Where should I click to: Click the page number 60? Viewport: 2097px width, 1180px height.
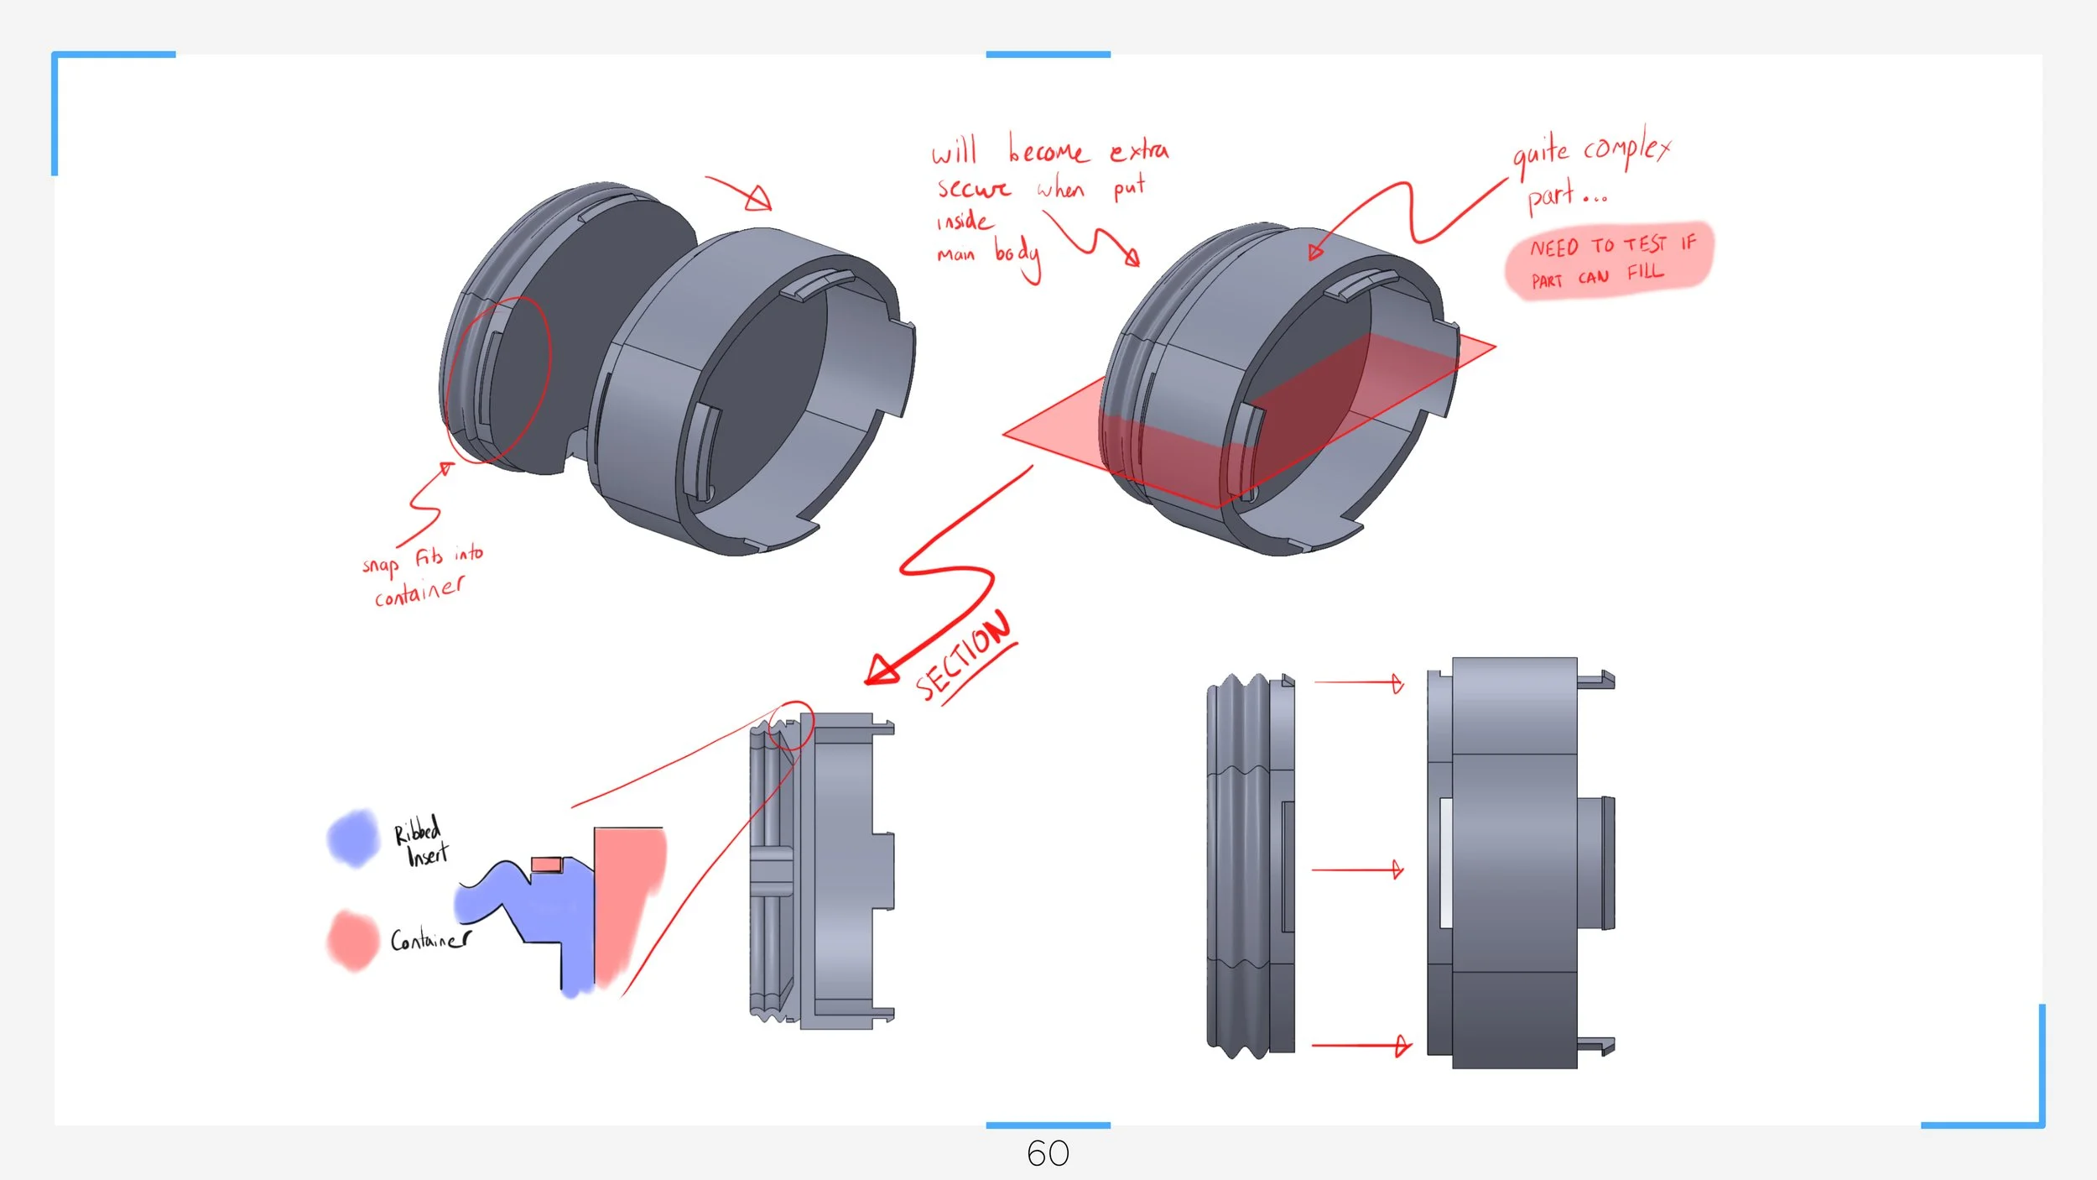pos(1048,1154)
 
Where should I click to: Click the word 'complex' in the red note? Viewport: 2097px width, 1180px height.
pos(1626,149)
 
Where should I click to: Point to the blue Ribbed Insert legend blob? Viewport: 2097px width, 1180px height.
pos(353,838)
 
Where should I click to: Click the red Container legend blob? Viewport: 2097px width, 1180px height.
pos(352,940)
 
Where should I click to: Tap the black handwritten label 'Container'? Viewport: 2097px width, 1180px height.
pos(430,939)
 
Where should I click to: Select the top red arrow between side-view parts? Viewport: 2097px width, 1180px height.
pos(1359,683)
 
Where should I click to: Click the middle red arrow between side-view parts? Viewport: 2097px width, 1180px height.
pos(1357,869)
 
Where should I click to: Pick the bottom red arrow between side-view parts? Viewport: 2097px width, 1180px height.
pos(1361,1046)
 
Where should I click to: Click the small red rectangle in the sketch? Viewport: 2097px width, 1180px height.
pos(546,864)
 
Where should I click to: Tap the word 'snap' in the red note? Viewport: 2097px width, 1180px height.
pos(380,565)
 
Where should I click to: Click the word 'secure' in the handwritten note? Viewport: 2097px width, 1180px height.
pos(974,188)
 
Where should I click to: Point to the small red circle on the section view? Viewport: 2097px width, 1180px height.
pos(791,726)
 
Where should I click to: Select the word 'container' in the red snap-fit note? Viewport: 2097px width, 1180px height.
pos(419,592)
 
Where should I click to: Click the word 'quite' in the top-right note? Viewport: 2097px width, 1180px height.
pos(1540,154)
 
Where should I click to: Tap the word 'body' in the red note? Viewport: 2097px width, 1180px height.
pos(1017,254)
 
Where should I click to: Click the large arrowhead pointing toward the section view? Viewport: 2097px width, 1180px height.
pos(882,670)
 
